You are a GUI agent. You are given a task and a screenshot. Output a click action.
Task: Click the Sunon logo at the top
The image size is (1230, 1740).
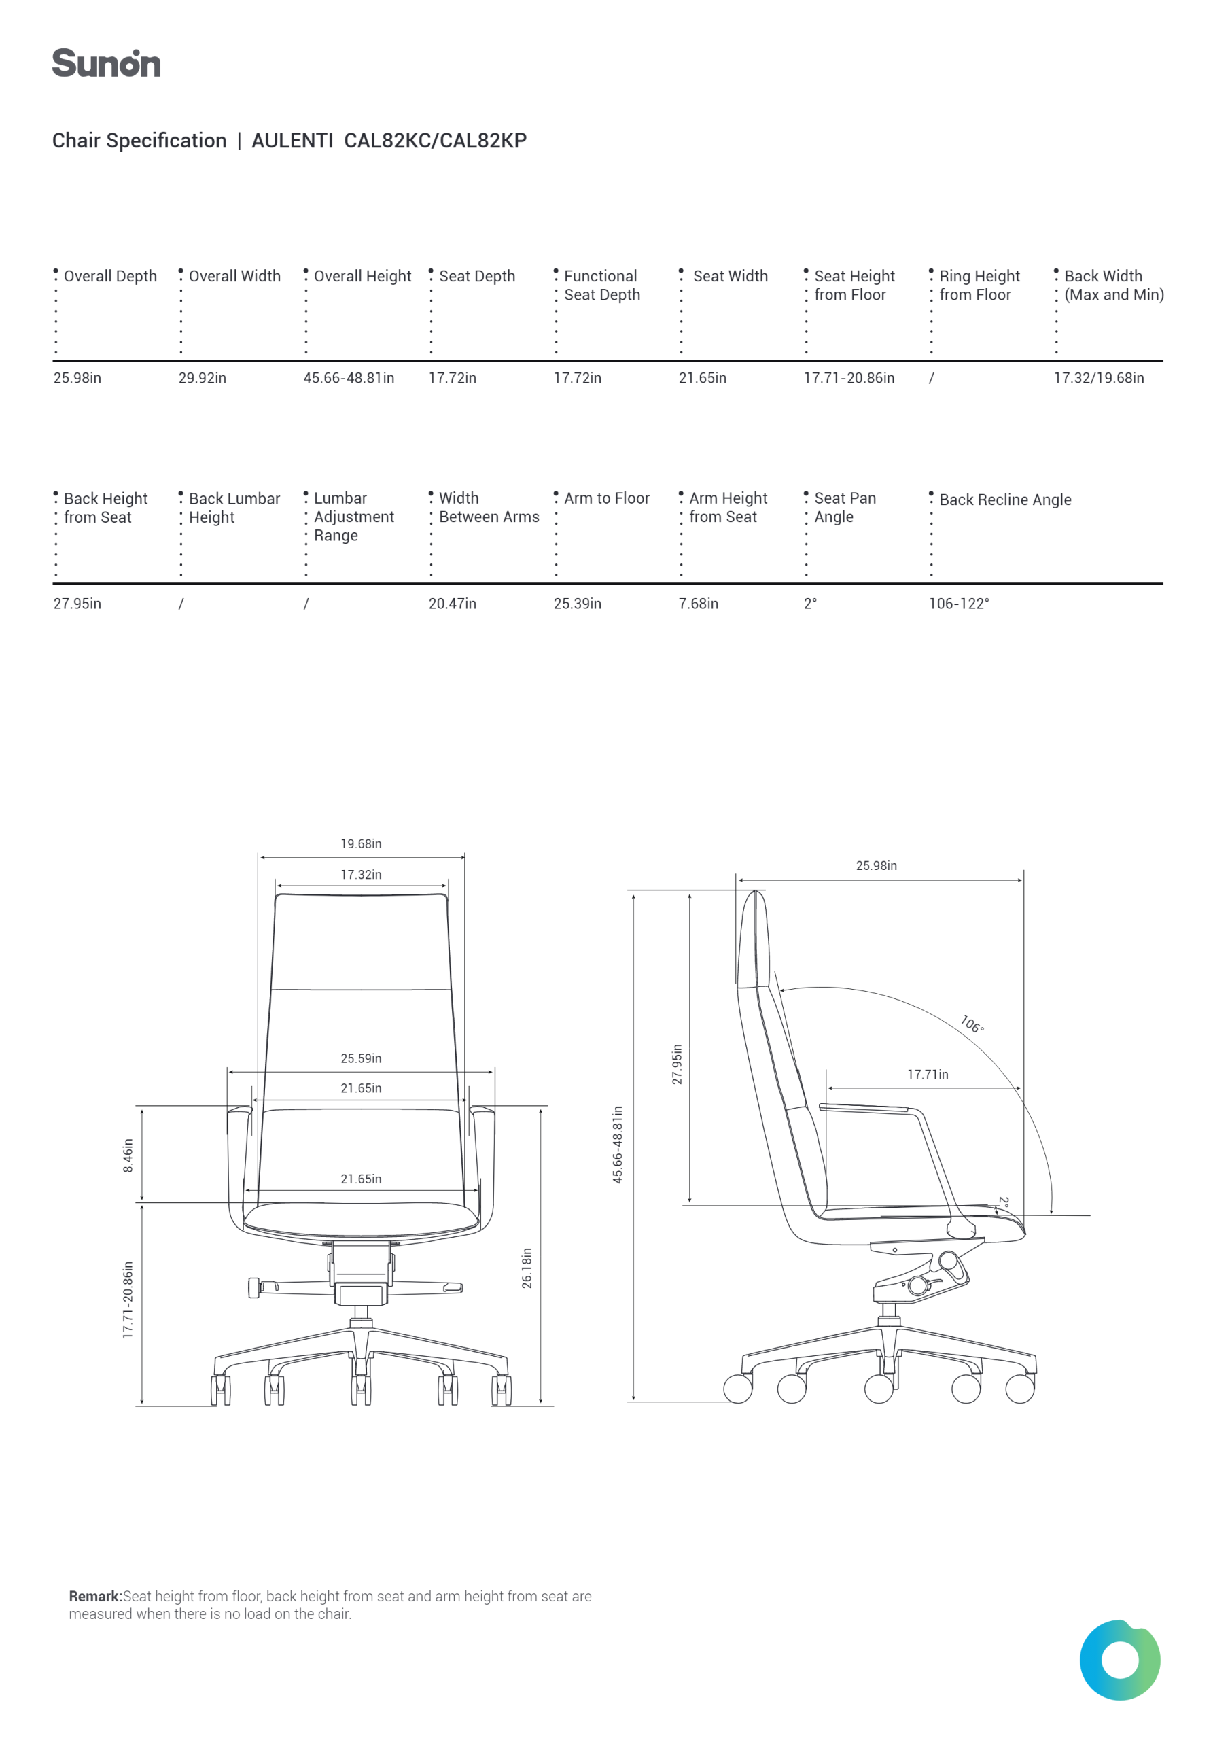click(106, 64)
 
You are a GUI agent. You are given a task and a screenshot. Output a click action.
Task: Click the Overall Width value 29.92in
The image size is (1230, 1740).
click(203, 378)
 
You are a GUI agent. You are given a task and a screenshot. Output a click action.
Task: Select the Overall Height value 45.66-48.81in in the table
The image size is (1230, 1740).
click(349, 378)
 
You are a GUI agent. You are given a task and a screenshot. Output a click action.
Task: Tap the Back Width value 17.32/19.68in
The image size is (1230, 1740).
click(1099, 378)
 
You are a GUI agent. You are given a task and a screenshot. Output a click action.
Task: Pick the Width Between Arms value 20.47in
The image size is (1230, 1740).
click(453, 604)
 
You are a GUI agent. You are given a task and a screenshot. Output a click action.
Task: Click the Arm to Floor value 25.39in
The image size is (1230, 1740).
click(578, 604)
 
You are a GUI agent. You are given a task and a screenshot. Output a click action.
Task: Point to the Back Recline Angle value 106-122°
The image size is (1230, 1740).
click(959, 604)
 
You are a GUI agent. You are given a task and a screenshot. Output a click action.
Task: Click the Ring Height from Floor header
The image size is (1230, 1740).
click(979, 285)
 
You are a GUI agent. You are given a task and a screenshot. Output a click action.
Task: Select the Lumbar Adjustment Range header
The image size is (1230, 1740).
click(354, 517)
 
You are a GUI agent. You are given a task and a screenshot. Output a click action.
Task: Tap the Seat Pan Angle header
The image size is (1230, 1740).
click(845, 508)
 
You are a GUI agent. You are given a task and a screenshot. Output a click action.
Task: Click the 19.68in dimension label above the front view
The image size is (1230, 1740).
click(361, 844)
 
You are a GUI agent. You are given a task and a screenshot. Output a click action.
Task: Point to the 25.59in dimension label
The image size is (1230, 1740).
click(361, 1059)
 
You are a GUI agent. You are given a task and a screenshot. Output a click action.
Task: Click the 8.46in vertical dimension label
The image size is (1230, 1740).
click(128, 1155)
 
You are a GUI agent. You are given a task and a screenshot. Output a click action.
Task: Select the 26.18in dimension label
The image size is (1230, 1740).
click(527, 1268)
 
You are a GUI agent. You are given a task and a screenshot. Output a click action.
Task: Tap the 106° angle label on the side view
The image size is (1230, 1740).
click(972, 1024)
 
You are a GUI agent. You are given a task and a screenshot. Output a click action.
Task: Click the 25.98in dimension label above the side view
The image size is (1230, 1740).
click(876, 866)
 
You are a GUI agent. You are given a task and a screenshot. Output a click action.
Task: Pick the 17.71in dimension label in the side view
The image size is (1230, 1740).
click(928, 1075)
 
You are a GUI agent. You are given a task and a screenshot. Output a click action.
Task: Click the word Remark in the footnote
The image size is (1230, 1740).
click(96, 1597)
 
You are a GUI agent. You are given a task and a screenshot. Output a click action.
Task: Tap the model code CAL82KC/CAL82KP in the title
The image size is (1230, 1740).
click(435, 141)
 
